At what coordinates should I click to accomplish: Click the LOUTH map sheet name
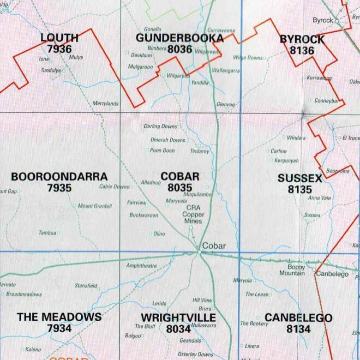pos(59,38)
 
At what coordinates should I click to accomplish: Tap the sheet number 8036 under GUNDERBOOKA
pos(179,49)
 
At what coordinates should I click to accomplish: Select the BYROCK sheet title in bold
pos(302,39)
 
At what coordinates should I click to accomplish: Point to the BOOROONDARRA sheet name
pos(59,177)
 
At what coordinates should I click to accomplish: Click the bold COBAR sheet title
pos(180,177)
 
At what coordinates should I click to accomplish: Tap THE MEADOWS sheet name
pos(59,317)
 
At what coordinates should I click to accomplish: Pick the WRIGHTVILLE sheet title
pos(178,317)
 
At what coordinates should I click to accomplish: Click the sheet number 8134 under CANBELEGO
pos(298,329)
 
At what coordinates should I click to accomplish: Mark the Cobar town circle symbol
pos(198,251)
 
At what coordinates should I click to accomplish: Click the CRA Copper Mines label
pos(193,214)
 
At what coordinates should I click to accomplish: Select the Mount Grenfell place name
pos(94,206)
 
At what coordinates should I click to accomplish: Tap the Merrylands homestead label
pos(105,103)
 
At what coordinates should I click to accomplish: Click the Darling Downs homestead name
pos(160,127)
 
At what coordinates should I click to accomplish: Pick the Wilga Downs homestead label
pos(248,57)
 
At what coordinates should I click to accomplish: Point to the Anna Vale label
pos(320,198)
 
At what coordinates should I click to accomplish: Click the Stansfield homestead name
pos(86,285)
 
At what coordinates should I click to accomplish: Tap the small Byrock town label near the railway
pos(322,20)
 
